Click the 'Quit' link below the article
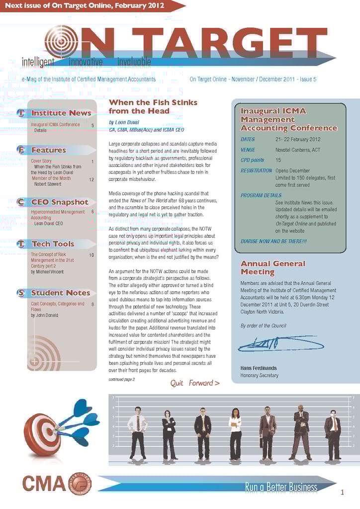177,383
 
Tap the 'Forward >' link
204,383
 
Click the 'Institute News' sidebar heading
61,113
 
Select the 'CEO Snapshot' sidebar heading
59,202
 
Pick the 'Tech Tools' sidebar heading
52,244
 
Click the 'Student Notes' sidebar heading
60,293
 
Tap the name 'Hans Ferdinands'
259,368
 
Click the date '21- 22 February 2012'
297,140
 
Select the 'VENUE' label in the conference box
248,150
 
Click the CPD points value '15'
278,160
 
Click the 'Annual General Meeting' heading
272,267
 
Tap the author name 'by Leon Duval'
124,122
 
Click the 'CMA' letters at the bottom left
44,483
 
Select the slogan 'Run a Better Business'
281,487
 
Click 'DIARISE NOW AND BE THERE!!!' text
273,241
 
